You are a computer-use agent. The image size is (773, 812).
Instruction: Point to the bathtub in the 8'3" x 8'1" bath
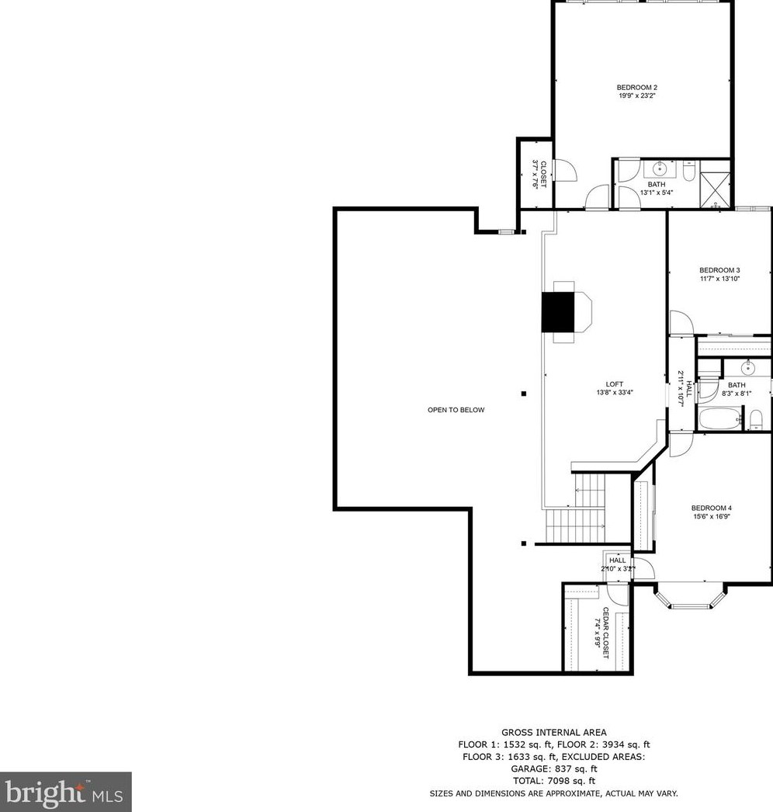click(x=719, y=418)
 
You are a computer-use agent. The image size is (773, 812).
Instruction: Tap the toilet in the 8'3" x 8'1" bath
click(x=756, y=421)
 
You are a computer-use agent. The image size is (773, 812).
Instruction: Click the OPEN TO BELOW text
click(x=456, y=410)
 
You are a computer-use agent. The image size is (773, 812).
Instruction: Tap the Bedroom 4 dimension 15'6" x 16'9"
click(x=712, y=516)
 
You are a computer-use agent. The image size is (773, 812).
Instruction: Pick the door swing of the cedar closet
click(x=619, y=594)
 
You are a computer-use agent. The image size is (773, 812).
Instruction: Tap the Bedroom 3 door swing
click(x=679, y=323)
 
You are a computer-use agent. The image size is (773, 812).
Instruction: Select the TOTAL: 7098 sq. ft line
click(x=553, y=780)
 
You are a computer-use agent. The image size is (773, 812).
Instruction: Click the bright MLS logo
click(x=65, y=792)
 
